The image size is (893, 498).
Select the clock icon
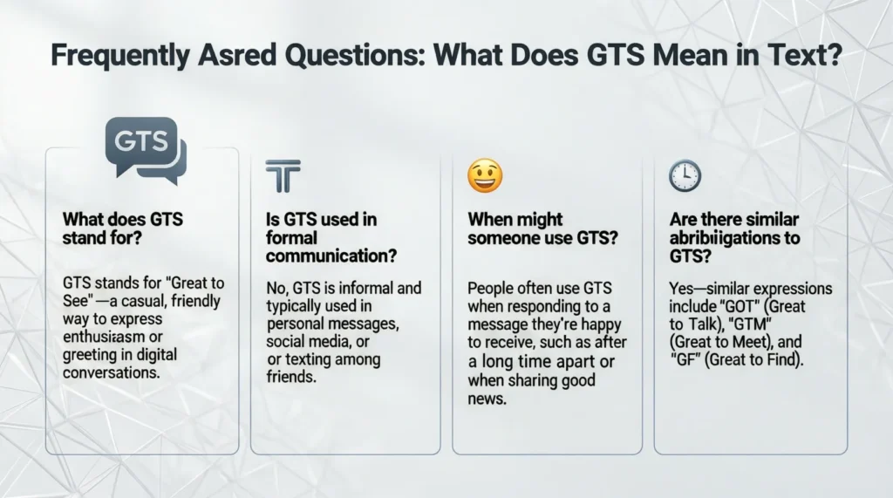click(x=685, y=176)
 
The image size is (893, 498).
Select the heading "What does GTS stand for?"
click(x=122, y=229)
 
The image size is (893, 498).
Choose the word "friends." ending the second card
click(x=291, y=379)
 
